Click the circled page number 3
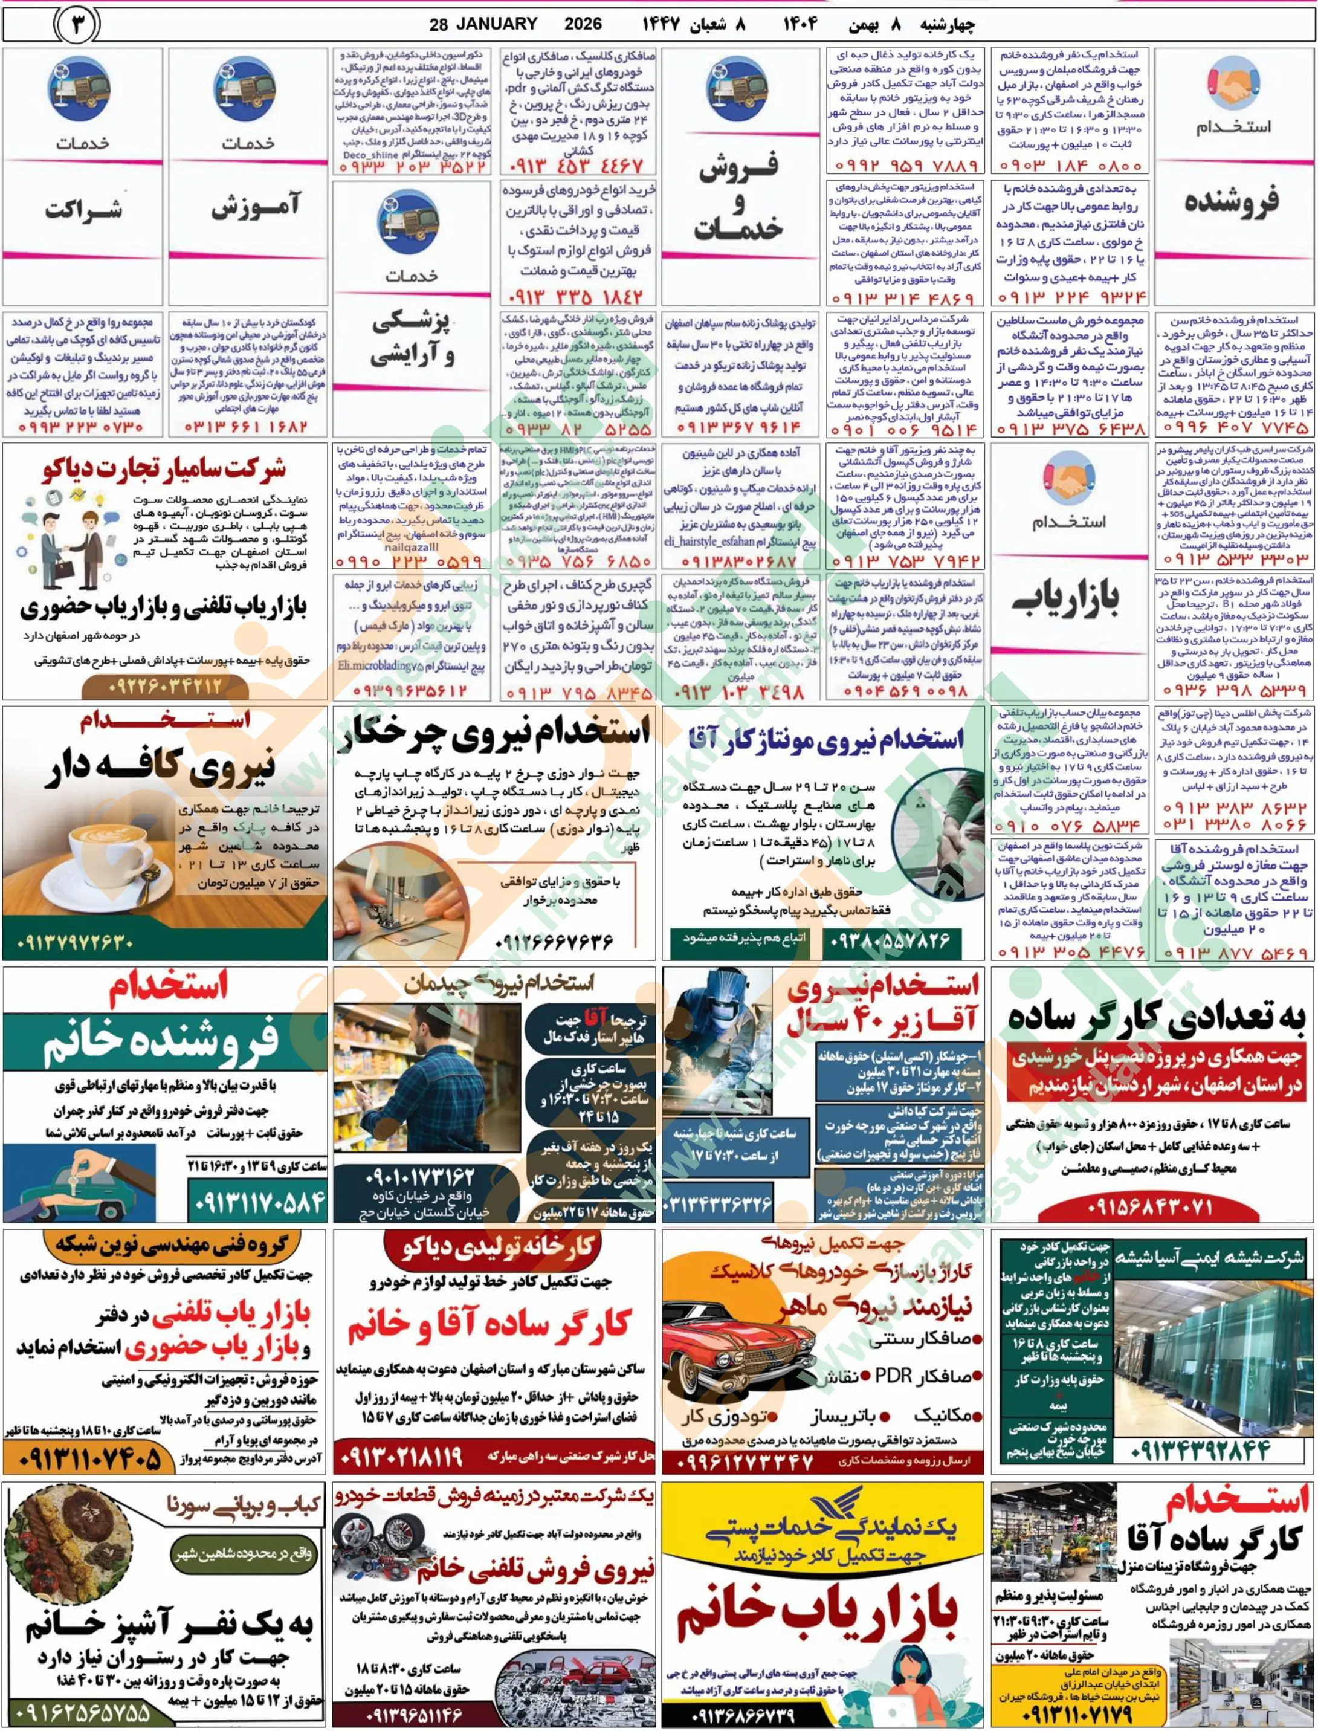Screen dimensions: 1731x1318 point(76,25)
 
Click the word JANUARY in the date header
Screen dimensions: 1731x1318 point(496,24)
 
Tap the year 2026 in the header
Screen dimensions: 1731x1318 point(583,24)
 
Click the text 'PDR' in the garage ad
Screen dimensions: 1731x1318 point(892,1376)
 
